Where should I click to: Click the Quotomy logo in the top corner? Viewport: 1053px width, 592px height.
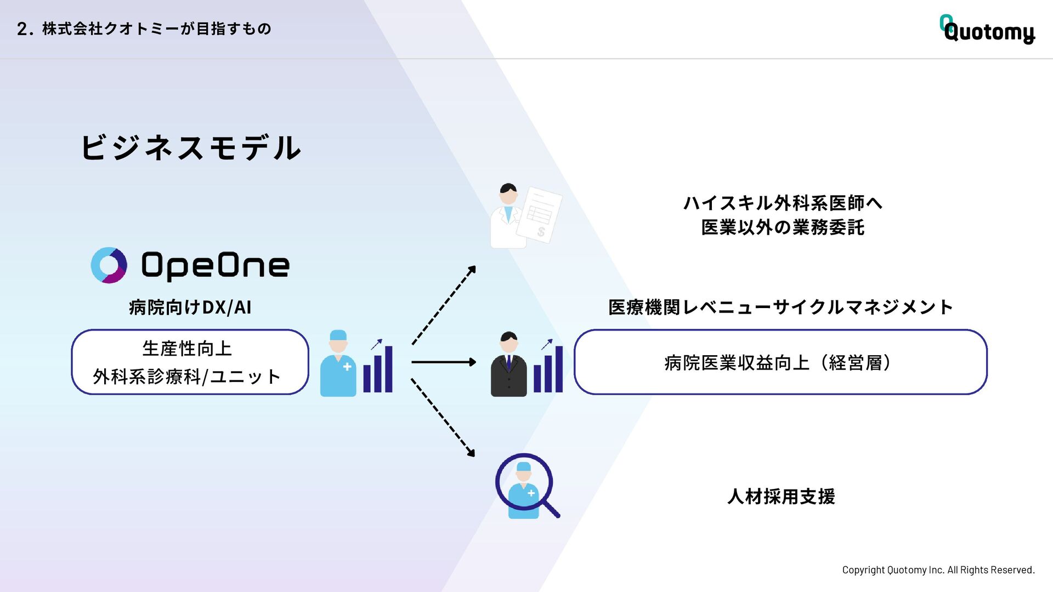coord(988,30)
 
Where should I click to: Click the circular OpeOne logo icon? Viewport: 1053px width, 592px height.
coord(109,265)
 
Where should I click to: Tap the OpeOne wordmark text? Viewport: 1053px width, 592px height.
coord(215,265)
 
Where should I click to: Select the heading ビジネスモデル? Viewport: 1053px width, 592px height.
coord(191,147)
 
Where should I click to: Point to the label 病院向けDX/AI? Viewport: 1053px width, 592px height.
coord(190,307)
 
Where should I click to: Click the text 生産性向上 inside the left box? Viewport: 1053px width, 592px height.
coord(187,349)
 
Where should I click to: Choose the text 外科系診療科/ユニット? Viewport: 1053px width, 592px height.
coord(187,377)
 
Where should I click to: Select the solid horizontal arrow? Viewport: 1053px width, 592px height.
coord(443,362)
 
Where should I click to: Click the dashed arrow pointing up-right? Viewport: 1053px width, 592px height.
coord(444,305)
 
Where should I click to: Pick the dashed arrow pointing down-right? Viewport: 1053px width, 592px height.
coord(443,418)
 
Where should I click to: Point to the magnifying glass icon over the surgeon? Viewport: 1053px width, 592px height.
coord(526,486)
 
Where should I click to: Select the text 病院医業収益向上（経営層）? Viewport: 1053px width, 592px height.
coord(780,362)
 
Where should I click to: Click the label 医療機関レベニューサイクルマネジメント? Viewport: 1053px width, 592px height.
coord(780,307)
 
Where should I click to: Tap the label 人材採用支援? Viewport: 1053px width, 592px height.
coord(781,497)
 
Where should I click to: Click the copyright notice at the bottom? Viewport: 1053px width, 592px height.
coord(938,570)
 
